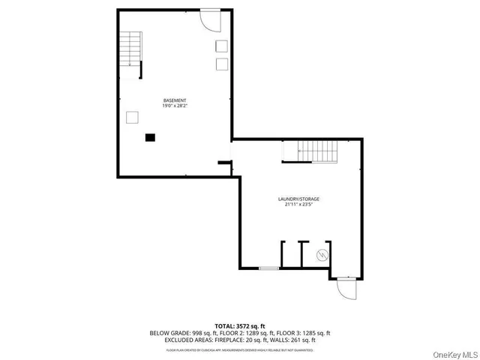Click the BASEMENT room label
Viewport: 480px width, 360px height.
pyautogui.click(x=175, y=100)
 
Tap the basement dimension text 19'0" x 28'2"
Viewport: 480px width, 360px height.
pyautogui.click(x=175, y=106)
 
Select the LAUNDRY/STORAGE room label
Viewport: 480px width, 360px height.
pyautogui.click(x=298, y=199)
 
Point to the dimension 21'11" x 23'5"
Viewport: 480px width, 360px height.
pyautogui.click(x=298, y=204)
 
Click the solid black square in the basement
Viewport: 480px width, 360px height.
pyautogui.click(x=150, y=137)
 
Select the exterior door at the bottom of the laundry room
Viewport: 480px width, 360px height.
pyautogui.click(x=345, y=288)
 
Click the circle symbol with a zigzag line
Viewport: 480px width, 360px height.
pyautogui.click(x=323, y=254)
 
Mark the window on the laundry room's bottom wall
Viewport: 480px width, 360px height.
pyautogui.click(x=268, y=268)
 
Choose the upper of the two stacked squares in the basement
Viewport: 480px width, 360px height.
pyautogui.click(x=222, y=46)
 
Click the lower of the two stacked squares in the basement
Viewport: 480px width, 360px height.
pyautogui.click(x=222, y=64)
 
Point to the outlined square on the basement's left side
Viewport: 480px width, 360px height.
pyautogui.click(x=132, y=116)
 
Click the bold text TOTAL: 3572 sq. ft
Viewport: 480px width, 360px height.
pyautogui.click(x=240, y=325)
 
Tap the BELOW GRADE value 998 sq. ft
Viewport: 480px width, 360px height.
pyautogui.click(x=205, y=332)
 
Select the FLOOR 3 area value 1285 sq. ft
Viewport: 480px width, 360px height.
pyautogui.click(x=314, y=332)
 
